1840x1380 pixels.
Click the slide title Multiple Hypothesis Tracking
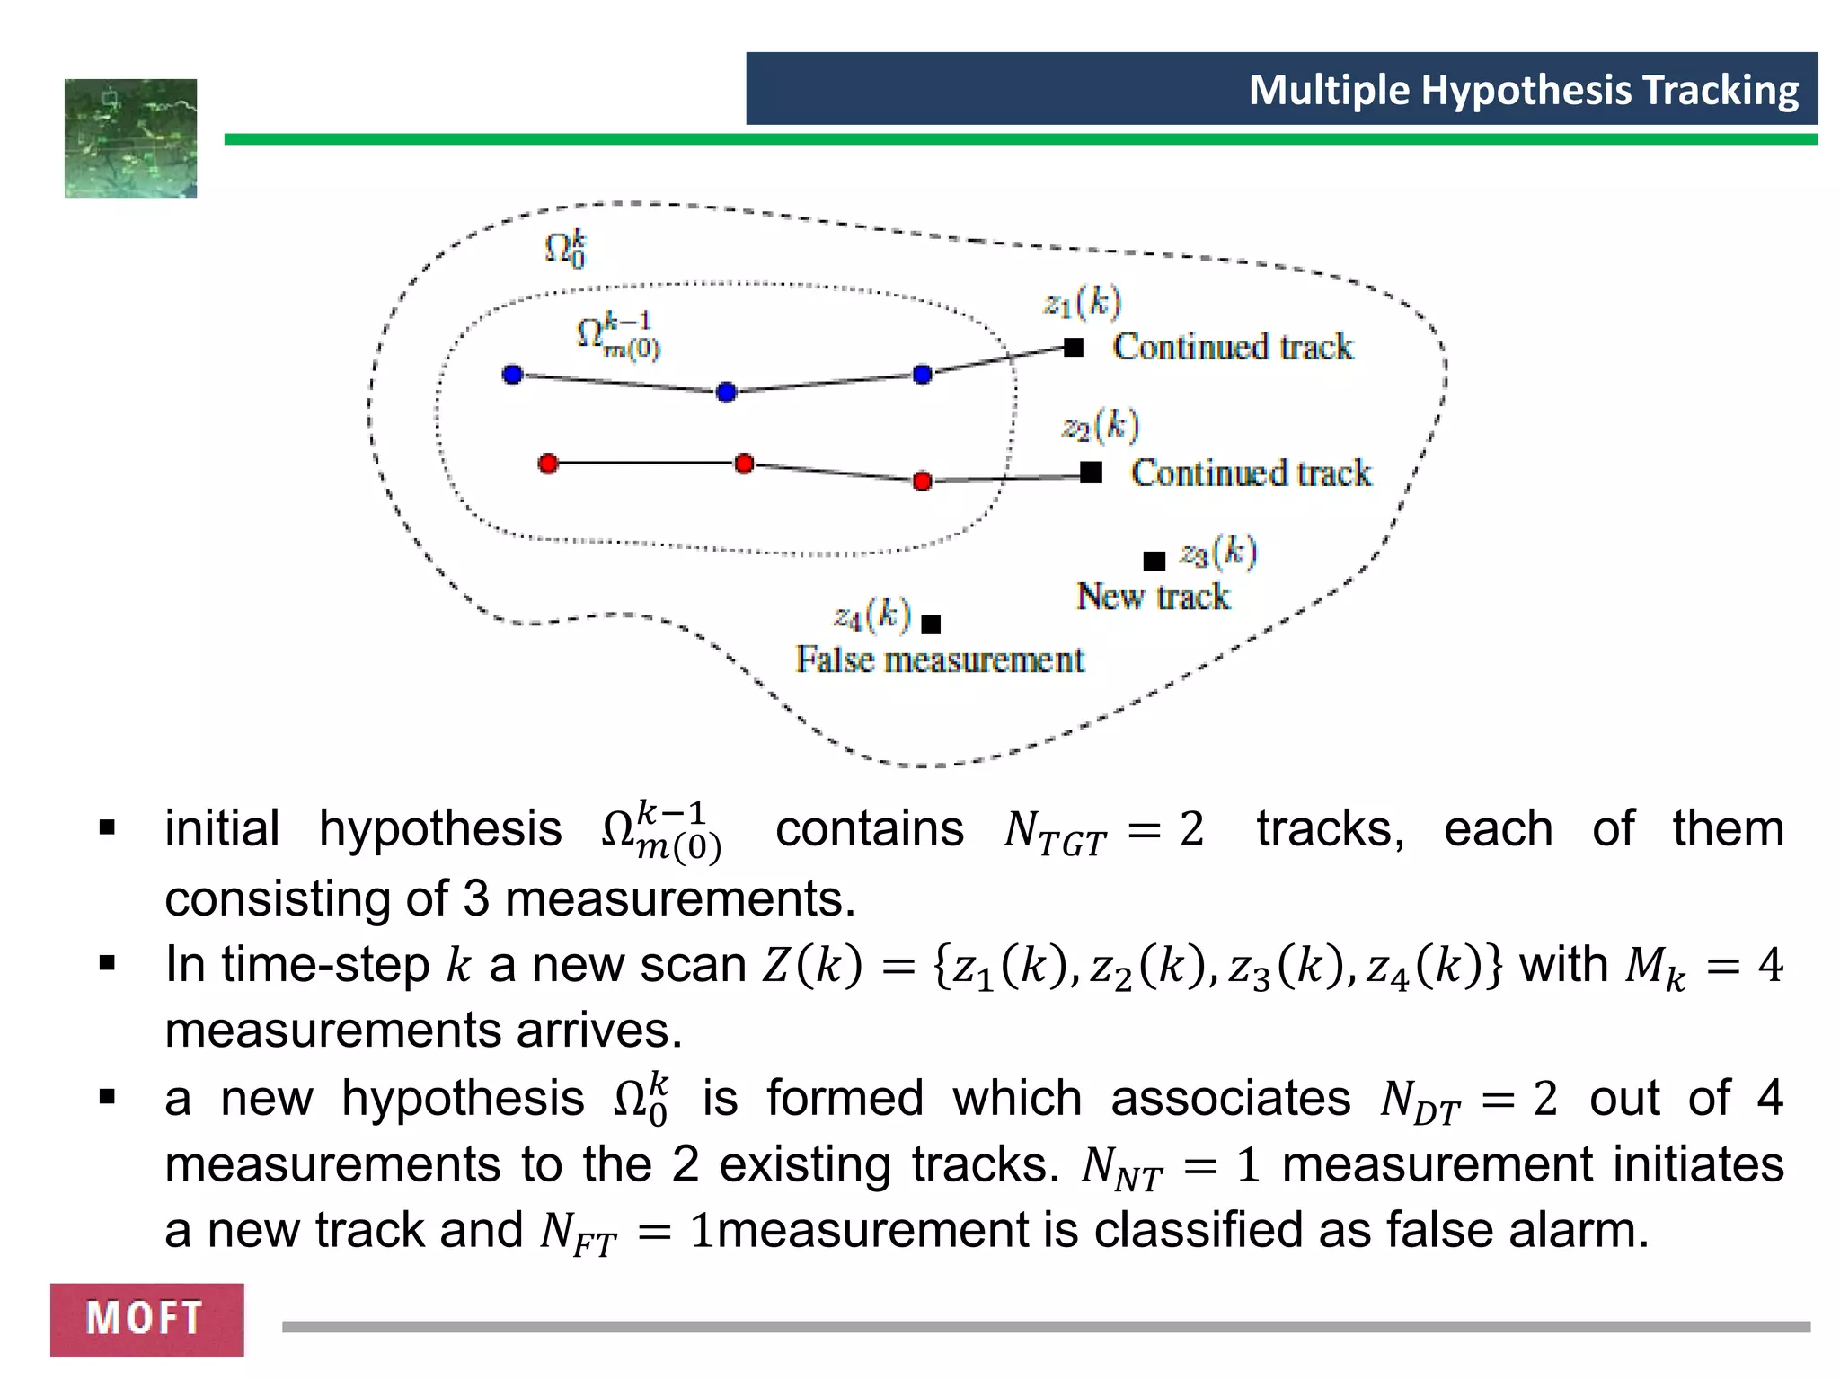tap(1523, 90)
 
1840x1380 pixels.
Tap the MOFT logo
tap(146, 1319)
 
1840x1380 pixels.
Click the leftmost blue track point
tap(512, 374)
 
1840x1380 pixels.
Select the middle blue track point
tap(727, 392)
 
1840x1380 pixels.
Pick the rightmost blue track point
tap(922, 374)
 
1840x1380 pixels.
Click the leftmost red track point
tap(548, 463)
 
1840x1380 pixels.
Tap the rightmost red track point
tap(922, 482)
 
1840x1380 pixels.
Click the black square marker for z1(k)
tap(1074, 348)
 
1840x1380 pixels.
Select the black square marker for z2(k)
tap(1091, 472)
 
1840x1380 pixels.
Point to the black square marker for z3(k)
tap(1154, 561)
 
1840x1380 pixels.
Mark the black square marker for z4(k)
tap(932, 624)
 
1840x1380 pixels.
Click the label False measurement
tap(940, 660)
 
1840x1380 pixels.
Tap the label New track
tap(1153, 597)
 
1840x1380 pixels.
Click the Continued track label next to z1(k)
tap(1233, 347)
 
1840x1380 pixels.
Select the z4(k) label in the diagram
tap(872, 615)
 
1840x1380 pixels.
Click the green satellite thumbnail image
tap(131, 138)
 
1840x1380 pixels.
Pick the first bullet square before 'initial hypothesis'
tap(108, 827)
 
